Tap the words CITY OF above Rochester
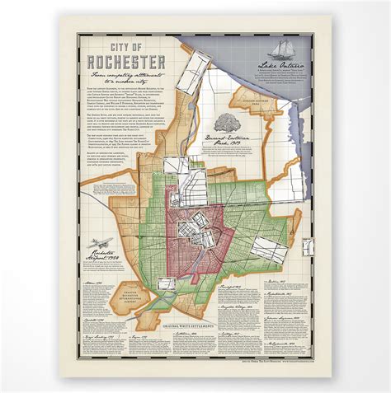[130, 49]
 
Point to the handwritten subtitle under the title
[129, 80]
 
